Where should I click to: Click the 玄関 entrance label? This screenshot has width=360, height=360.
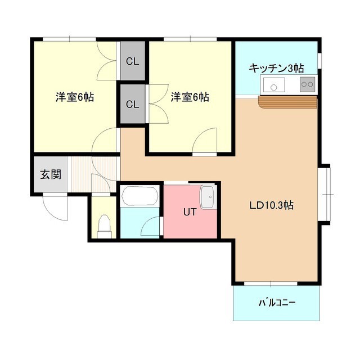(51, 174)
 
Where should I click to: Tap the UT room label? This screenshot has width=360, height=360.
(190, 212)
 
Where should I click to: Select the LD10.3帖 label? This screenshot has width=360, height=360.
(271, 205)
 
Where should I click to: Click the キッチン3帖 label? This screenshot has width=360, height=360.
(276, 68)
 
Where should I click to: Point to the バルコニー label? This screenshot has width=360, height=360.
(277, 303)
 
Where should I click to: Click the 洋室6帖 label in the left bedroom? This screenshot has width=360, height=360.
(75, 97)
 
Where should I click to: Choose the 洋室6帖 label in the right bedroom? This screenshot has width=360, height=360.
(190, 97)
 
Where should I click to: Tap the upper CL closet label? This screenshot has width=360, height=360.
(133, 61)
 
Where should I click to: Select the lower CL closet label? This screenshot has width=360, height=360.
(133, 105)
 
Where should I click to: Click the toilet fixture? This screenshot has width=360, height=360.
(105, 227)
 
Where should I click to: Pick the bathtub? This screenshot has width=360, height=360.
(140, 196)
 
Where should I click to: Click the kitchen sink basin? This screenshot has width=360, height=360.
(274, 85)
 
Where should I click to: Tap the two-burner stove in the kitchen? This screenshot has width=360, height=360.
(308, 84)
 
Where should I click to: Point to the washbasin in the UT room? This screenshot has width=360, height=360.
(208, 197)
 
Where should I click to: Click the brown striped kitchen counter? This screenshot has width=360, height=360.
(287, 102)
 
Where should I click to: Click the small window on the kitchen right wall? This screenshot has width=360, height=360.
(319, 61)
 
